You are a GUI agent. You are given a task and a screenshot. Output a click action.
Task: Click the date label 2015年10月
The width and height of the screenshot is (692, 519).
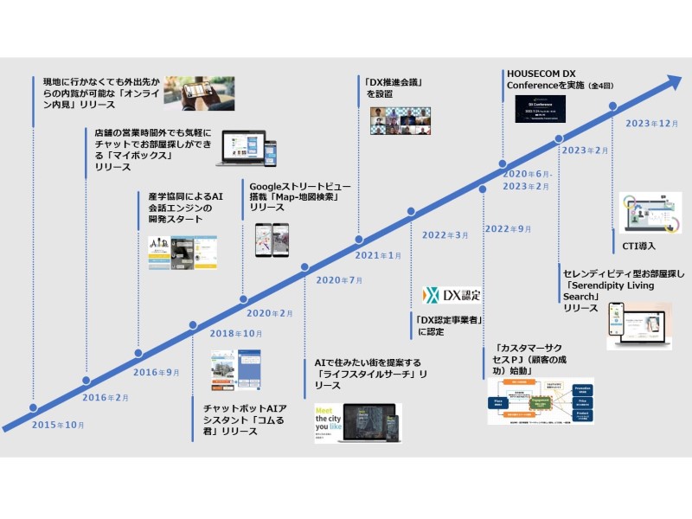coord(57,426)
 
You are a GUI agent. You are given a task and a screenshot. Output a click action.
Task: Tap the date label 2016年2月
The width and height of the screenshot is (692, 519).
coord(105,398)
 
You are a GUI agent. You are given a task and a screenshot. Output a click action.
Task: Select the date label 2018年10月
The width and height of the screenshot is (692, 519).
coord(235,333)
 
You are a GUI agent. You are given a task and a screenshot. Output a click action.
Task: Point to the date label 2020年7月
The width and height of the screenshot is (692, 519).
coord(339,279)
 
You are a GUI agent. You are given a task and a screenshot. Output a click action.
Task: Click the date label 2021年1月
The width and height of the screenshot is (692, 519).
coord(378,255)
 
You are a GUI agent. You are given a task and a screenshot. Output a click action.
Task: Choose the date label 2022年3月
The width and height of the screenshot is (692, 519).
coord(446,234)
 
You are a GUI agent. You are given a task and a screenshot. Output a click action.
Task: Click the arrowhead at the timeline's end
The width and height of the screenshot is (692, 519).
coord(670,82)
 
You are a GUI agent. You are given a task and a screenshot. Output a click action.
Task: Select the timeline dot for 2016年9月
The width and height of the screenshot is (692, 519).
coord(137,353)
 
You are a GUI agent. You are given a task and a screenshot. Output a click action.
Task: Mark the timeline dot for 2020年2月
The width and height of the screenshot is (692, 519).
coord(242,300)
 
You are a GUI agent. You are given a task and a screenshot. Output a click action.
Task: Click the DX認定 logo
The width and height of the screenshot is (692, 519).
coord(452,295)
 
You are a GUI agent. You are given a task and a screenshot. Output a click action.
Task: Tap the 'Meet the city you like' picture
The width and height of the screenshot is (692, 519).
coord(356,423)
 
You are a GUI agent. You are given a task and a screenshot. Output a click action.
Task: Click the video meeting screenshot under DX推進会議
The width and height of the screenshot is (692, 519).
coord(400,120)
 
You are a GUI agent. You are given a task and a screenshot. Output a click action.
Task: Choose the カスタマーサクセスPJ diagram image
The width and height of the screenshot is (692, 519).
coord(540,400)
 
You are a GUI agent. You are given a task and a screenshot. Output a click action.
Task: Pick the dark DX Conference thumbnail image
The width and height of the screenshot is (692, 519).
coord(540,109)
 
